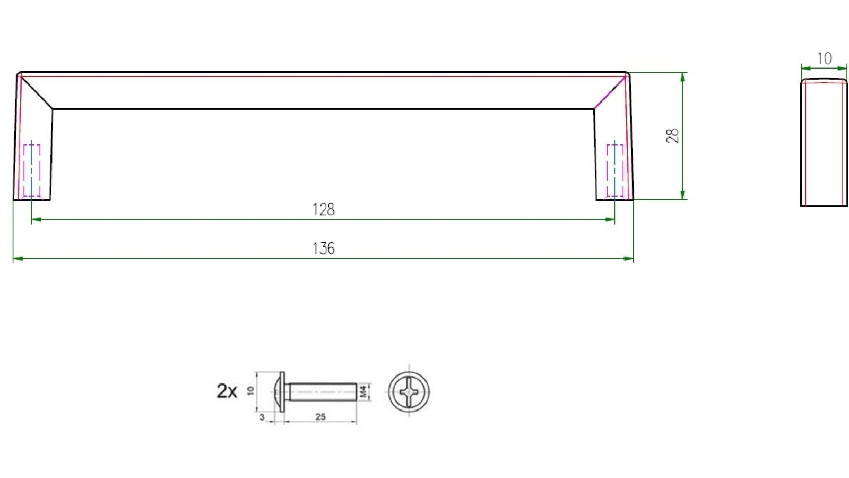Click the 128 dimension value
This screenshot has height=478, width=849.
point(323,209)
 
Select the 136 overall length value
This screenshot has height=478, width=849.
point(323,248)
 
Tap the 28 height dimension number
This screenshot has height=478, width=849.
point(672,136)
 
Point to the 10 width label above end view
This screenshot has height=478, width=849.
point(824,58)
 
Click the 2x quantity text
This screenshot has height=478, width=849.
point(227,391)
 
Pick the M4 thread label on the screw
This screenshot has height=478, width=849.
point(363,392)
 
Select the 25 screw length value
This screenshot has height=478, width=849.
point(320,417)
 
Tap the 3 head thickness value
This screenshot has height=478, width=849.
point(262,417)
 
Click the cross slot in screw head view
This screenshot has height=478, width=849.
point(409,392)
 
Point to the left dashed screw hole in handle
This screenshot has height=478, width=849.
point(32,170)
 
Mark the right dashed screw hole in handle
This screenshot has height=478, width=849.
point(614,170)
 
